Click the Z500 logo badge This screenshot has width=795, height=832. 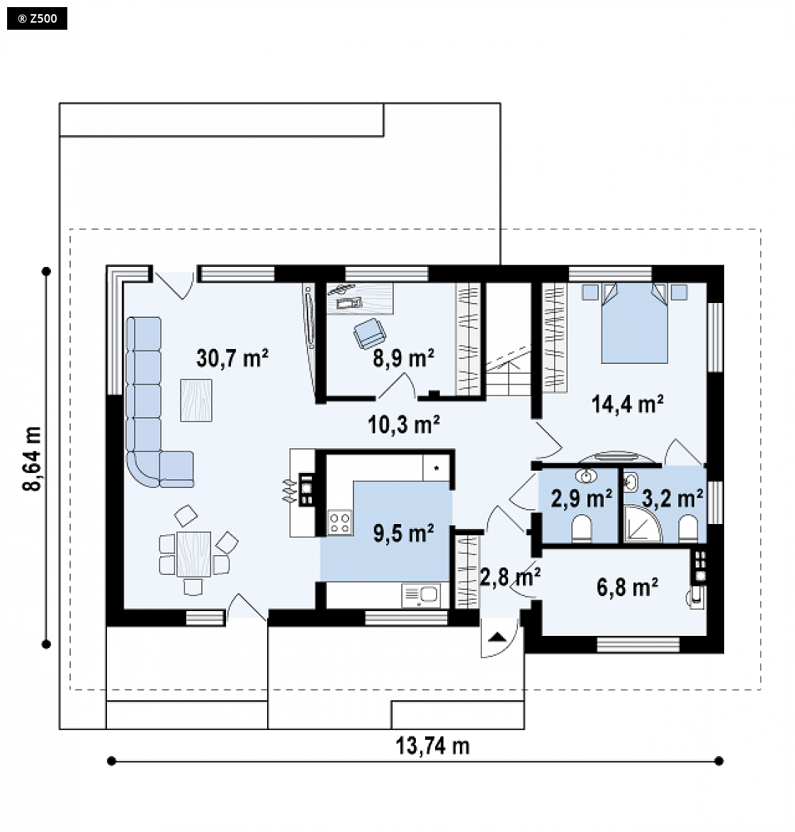(x=37, y=19)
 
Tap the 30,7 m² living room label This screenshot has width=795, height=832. (x=232, y=358)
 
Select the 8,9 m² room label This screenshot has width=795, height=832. (x=403, y=359)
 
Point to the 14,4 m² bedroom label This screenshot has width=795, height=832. (x=627, y=404)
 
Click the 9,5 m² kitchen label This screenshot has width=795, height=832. (x=403, y=533)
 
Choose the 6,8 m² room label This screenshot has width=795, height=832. (x=627, y=588)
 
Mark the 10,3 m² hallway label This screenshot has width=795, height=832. (x=403, y=424)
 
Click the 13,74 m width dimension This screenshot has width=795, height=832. (x=432, y=746)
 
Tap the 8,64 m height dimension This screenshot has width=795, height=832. (x=32, y=458)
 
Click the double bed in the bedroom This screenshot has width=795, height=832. (x=634, y=323)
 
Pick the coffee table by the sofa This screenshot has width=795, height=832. (x=196, y=400)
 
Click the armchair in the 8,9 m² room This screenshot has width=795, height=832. (x=370, y=334)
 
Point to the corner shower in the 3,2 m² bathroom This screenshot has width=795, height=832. (x=642, y=524)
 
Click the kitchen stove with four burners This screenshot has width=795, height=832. (x=340, y=522)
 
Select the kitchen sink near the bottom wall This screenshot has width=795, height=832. (x=421, y=596)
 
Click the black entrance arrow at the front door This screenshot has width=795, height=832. (x=497, y=637)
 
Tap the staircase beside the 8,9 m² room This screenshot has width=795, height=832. (x=509, y=340)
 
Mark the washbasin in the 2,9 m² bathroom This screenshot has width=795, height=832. (x=586, y=476)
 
